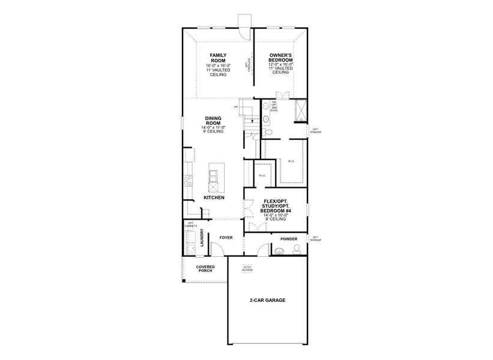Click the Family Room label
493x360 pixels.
pyautogui.click(x=218, y=59)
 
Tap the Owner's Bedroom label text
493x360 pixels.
pyautogui.click(x=280, y=59)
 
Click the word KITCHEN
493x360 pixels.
pyautogui.click(x=214, y=197)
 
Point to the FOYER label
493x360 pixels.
pyautogui.click(x=226, y=238)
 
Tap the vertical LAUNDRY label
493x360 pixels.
pyautogui.click(x=202, y=238)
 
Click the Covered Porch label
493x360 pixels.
pyautogui.click(x=205, y=269)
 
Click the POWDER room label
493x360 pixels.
pyautogui.click(x=289, y=238)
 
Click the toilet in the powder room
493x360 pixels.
pyautogui.click(x=297, y=249)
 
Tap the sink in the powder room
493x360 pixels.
pyautogui.click(x=280, y=248)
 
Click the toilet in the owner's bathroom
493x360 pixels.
pyautogui.click(x=268, y=131)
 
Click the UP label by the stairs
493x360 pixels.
pyautogui.click(x=236, y=107)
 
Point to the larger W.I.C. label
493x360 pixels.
pyautogui.click(x=292, y=161)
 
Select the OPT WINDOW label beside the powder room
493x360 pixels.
pyautogui.click(x=316, y=239)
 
